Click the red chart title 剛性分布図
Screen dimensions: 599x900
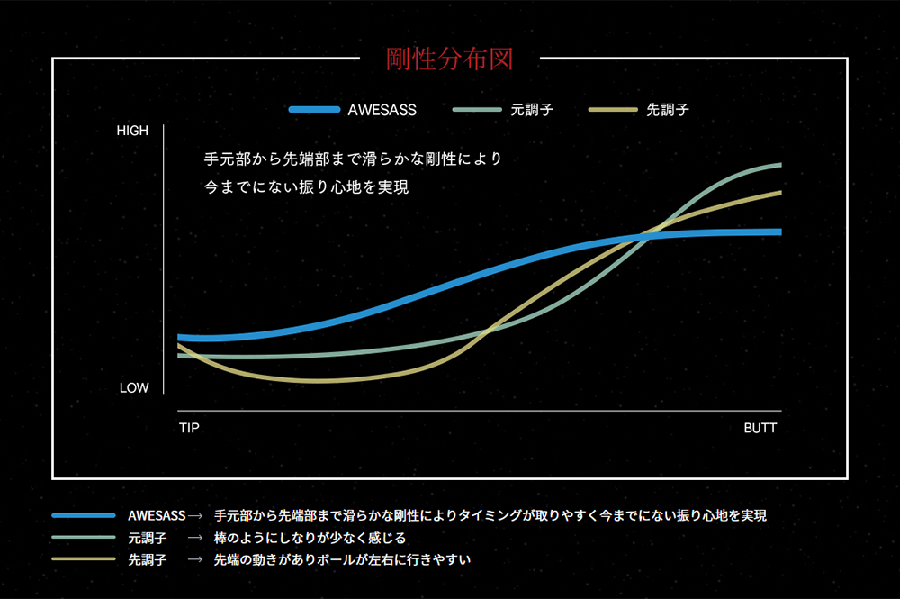pos(449,59)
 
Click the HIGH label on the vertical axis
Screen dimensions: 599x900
pos(132,131)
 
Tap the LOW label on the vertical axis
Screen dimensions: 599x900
pos(134,388)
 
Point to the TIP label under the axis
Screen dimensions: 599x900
pos(189,428)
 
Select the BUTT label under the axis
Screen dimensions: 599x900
pos(760,428)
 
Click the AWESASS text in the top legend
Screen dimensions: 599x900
pos(382,110)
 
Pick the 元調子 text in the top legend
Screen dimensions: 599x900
pos(531,110)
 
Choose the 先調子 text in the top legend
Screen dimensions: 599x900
pos(669,110)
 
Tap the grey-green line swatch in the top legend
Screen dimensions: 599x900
pos(478,110)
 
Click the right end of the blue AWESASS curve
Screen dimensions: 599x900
pos(778,231)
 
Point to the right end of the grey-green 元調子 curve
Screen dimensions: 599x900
pos(779,165)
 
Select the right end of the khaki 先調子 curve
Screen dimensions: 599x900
pos(779,192)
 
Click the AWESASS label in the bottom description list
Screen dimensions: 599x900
pos(157,516)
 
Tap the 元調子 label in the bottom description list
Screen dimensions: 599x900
pos(147,538)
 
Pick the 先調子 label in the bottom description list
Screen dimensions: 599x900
pos(147,559)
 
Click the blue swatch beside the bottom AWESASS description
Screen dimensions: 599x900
pos(83,516)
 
